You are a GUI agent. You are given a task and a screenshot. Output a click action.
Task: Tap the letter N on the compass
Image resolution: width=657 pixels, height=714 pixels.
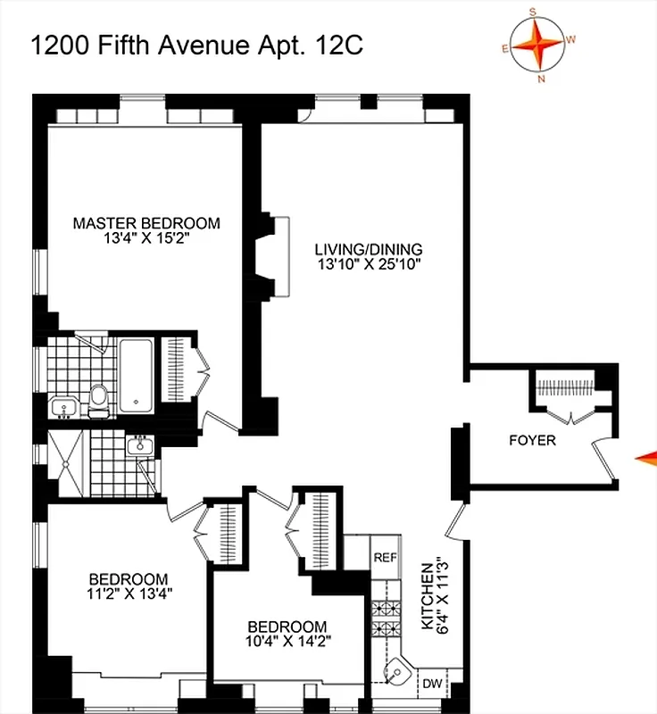tap(541, 79)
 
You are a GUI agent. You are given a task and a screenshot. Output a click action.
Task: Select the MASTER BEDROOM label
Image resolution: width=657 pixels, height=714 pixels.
tap(146, 223)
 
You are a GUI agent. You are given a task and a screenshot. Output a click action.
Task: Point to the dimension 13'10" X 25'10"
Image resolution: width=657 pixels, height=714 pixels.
tap(369, 264)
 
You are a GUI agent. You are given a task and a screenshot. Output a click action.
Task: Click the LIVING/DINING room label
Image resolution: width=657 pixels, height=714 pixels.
tap(369, 249)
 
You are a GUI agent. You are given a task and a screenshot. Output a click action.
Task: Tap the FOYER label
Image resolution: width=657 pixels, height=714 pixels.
tap(532, 440)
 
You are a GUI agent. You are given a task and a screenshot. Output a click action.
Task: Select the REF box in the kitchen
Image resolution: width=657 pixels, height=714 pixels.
tap(385, 558)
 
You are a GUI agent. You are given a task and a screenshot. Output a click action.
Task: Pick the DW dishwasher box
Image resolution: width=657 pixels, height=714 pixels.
tap(432, 684)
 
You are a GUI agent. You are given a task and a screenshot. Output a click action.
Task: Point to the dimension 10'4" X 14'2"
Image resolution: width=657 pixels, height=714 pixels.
tap(287, 641)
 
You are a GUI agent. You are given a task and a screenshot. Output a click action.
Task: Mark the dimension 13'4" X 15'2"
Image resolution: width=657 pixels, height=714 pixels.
tap(146, 239)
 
